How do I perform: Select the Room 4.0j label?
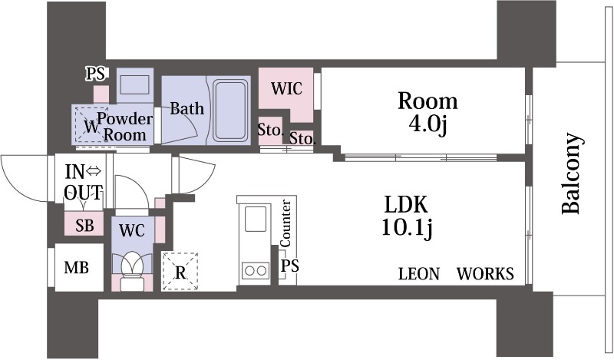tap(427, 113)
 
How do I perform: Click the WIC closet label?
tap(286, 88)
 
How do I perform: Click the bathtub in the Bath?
tap(231, 110)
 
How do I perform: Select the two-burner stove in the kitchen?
tap(256, 270)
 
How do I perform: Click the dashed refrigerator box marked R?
tap(180, 272)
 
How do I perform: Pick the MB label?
tap(76, 268)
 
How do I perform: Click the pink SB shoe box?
tap(84, 224)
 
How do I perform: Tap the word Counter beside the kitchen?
tap(286, 223)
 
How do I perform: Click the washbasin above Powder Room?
tap(135, 85)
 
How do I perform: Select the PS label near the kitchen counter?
tap(290, 266)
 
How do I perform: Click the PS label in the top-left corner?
tap(95, 74)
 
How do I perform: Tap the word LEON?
tap(419, 274)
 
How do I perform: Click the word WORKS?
tap(485, 274)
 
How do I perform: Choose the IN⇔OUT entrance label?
tap(84, 182)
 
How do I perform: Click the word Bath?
tap(187, 108)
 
